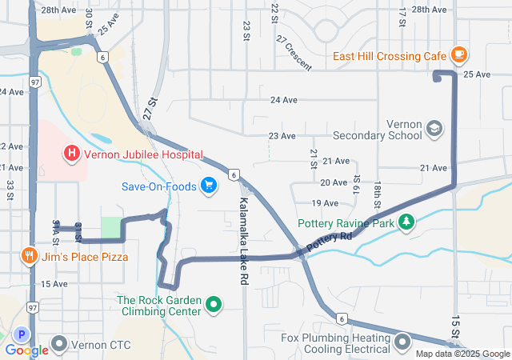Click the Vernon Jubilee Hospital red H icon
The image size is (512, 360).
click(71, 152)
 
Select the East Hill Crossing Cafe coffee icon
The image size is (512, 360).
click(458, 54)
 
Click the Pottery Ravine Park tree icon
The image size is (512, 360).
click(406, 222)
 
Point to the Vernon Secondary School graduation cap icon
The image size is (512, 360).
click(434, 128)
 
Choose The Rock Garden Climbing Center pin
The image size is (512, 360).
click(213, 304)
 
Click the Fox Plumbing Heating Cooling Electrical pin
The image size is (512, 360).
click(402, 342)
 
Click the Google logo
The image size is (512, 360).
click(27, 350)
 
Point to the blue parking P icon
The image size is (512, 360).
click(22, 334)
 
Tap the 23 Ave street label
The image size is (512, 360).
click(282, 136)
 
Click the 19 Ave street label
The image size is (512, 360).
click(325, 203)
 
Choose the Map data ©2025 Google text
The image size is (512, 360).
click(461, 354)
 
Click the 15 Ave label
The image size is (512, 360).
click(54, 284)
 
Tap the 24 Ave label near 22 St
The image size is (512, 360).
click(285, 100)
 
